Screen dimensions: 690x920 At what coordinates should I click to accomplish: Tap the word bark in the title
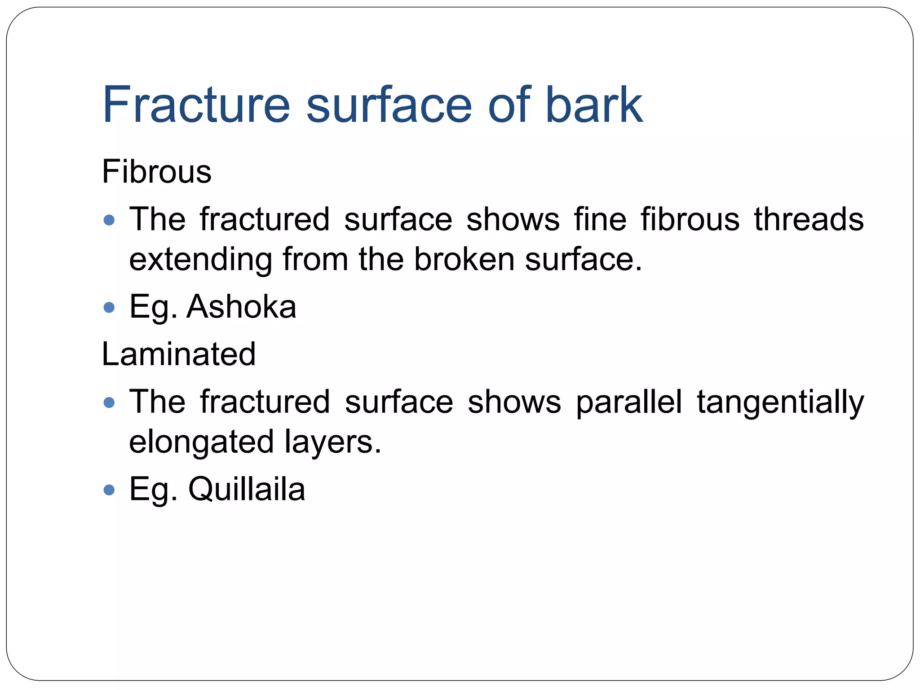coord(594,105)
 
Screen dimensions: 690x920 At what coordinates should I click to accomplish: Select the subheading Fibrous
coord(156,172)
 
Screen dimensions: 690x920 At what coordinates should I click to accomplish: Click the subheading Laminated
coord(178,354)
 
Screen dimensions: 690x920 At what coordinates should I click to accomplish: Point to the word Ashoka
coord(241,307)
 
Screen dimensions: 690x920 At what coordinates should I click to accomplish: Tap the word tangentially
coord(780,402)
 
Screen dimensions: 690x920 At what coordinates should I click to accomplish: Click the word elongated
coord(201,442)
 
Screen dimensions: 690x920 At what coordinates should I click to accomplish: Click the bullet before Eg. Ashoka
coord(109,308)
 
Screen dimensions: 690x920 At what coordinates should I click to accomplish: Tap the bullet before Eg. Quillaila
coord(109,490)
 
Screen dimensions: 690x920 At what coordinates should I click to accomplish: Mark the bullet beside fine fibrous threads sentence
coord(109,220)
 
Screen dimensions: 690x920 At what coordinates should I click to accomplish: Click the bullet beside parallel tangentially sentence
coord(109,402)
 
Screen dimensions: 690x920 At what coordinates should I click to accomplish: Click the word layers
coord(332,442)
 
